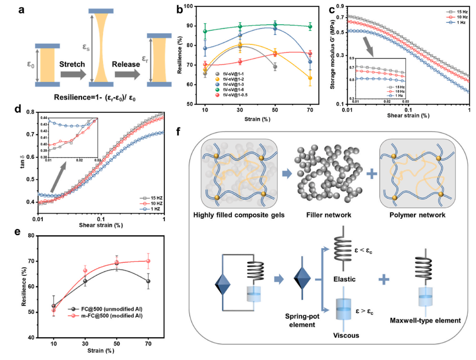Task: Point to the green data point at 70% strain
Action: (310, 27)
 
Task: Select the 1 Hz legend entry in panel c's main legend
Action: (458, 22)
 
